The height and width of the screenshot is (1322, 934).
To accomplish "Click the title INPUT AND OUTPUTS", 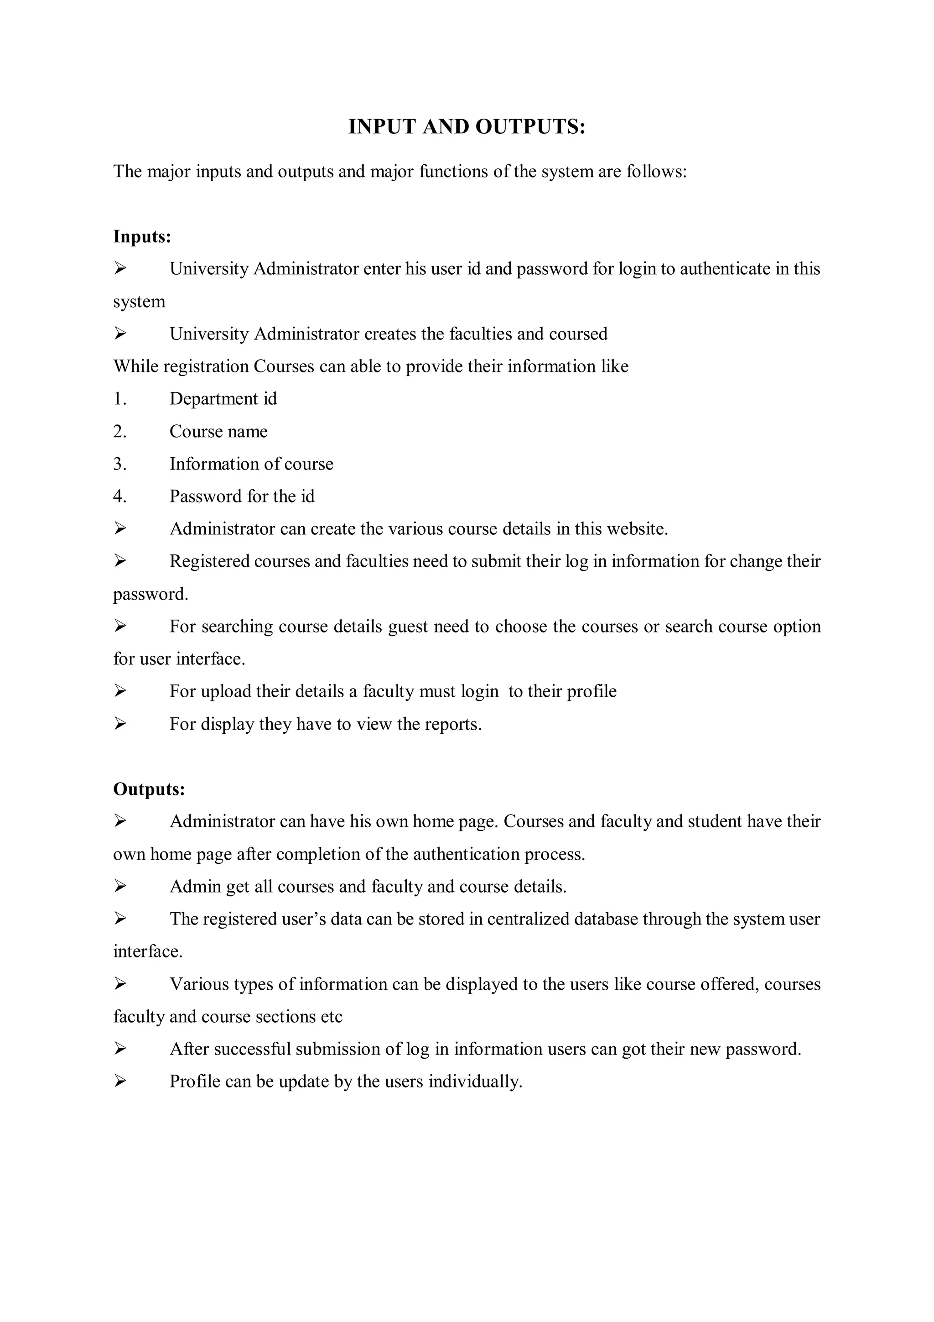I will pyautogui.click(x=466, y=127).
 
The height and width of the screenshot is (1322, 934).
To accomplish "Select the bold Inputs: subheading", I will pyautogui.click(x=142, y=237).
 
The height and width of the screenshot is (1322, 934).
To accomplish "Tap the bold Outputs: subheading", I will pyautogui.click(x=149, y=789).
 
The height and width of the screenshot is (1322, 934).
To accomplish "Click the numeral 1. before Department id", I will pyautogui.click(x=119, y=398).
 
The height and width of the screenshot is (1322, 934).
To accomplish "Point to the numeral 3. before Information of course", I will pyautogui.click(x=119, y=464).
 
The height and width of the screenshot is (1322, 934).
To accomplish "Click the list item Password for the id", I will pyautogui.click(x=242, y=496).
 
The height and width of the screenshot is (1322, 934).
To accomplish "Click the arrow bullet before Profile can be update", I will pyautogui.click(x=119, y=1082).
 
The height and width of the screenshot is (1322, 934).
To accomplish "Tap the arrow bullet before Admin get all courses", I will pyautogui.click(x=119, y=886).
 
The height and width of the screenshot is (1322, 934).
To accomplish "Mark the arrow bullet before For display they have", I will pyautogui.click(x=119, y=724).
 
